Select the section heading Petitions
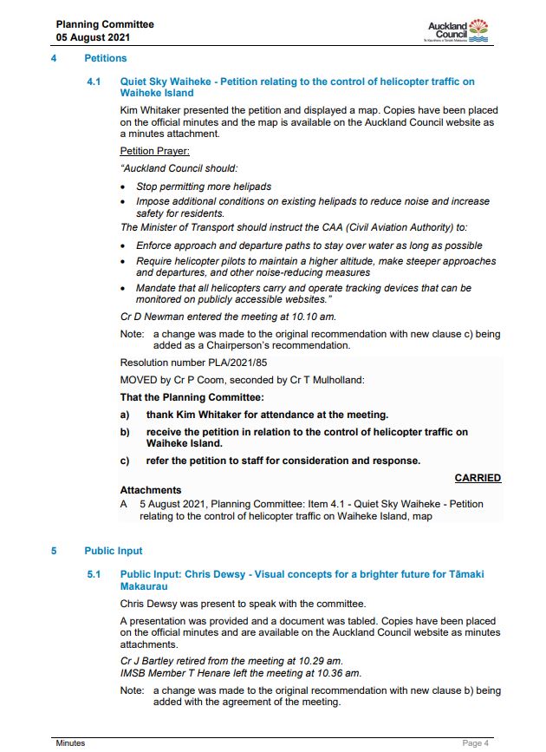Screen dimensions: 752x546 105,58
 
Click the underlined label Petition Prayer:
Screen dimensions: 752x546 154,151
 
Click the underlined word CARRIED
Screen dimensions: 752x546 478,478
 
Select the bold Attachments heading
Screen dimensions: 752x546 151,490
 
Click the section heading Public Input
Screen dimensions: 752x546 114,551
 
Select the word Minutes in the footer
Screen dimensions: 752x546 71,743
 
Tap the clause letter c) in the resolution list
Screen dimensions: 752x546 125,461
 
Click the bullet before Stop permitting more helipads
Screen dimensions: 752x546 127,186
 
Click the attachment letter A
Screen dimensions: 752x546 124,504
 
